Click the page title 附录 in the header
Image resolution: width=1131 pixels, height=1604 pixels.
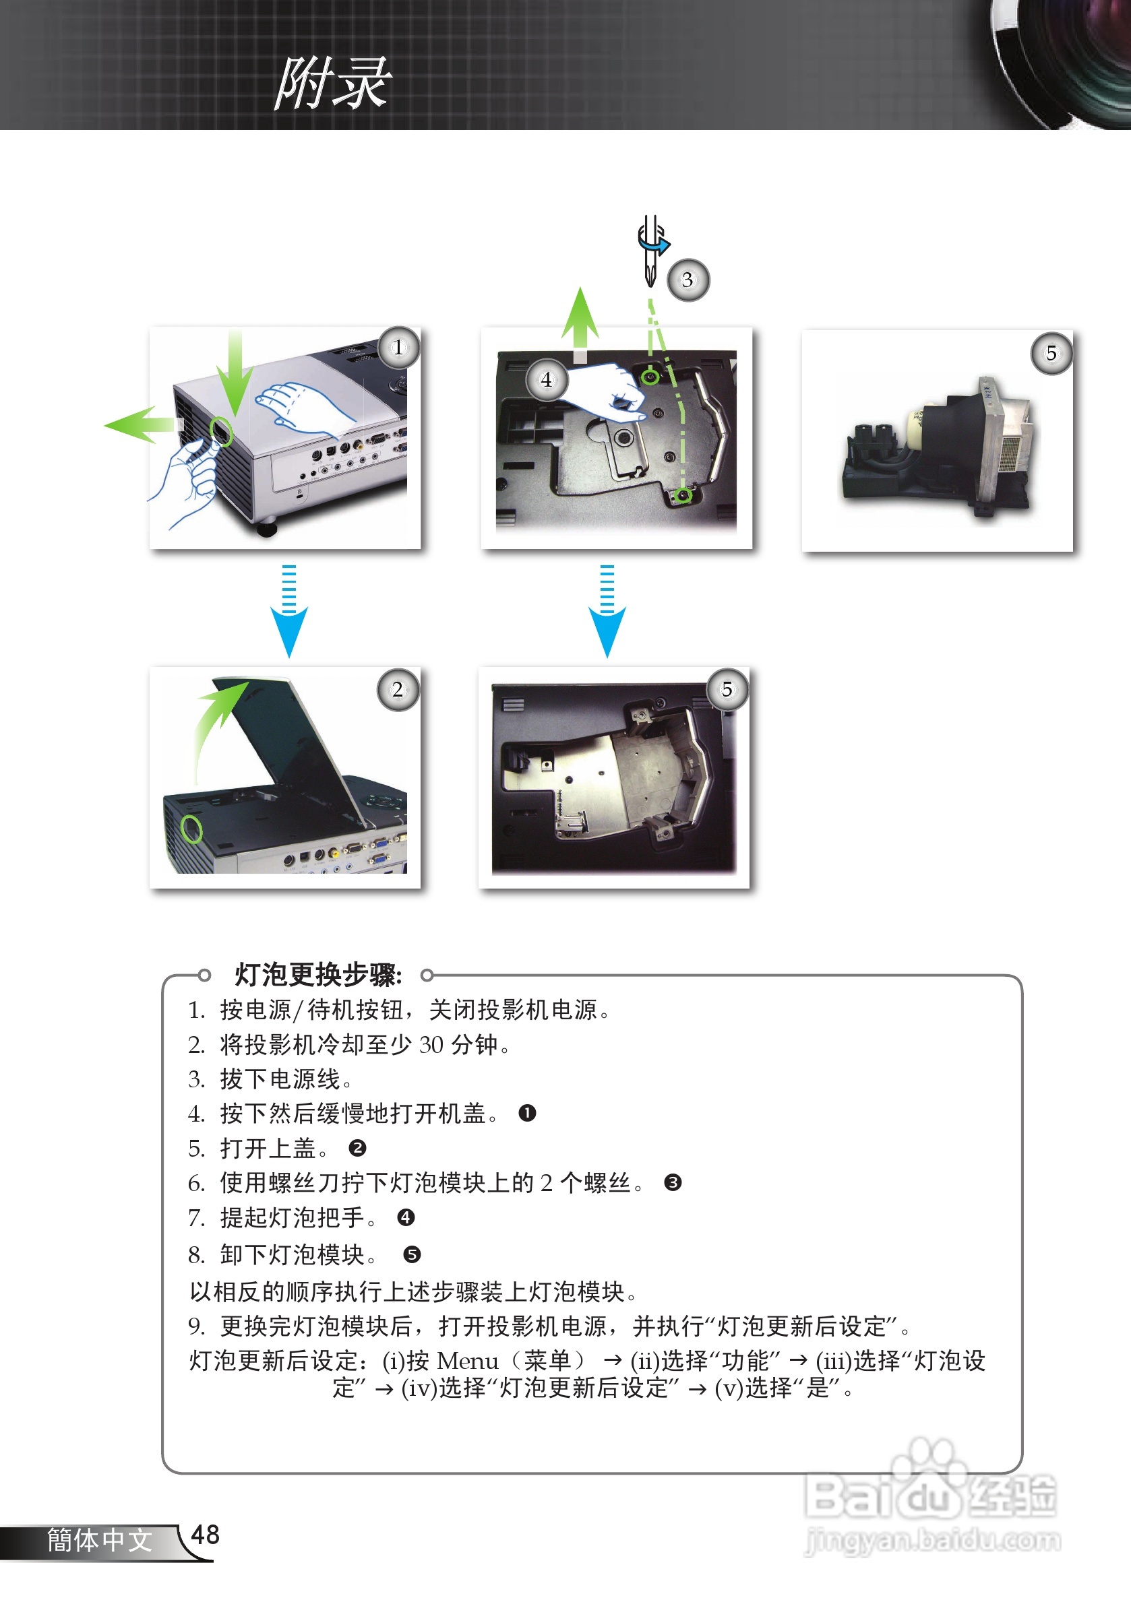(x=333, y=83)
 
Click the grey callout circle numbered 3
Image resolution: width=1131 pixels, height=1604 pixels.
(x=687, y=280)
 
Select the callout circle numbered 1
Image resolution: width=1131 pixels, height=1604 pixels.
(x=398, y=347)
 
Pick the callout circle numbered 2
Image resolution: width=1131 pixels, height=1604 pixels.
(x=398, y=690)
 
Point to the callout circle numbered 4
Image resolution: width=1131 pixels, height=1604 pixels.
(x=547, y=379)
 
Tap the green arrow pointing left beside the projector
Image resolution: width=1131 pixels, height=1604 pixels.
(x=140, y=424)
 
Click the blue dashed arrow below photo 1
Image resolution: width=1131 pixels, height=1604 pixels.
(x=288, y=611)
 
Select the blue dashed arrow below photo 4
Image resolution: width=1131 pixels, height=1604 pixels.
(x=607, y=611)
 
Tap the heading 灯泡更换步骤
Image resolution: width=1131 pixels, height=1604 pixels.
(x=318, y=974)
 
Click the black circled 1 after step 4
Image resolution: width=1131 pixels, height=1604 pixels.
(x=527, y=1113)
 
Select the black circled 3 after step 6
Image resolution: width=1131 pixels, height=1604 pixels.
(x=673, y=1182)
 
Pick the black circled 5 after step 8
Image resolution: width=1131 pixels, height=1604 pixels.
(x=412, y=1254)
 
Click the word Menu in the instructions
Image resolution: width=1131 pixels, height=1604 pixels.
(x=467, y=1361)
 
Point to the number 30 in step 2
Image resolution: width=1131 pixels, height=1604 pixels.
(x=431, y=1044)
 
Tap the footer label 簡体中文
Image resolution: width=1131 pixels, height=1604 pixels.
(x=99, y=1540)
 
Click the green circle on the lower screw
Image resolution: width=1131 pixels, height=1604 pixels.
(x=683, y=495)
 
